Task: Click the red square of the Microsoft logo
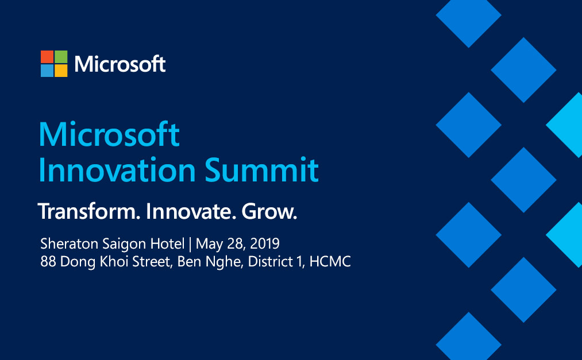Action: [47, 57]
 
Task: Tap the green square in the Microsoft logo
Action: [61, 57]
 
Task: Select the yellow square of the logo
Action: [61, 71]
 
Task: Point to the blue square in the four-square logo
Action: [47, 71]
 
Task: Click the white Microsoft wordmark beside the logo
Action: [120, 64]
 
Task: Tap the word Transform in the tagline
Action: [89, 212]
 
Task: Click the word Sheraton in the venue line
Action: [66, 243]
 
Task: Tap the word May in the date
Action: [208, 244]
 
